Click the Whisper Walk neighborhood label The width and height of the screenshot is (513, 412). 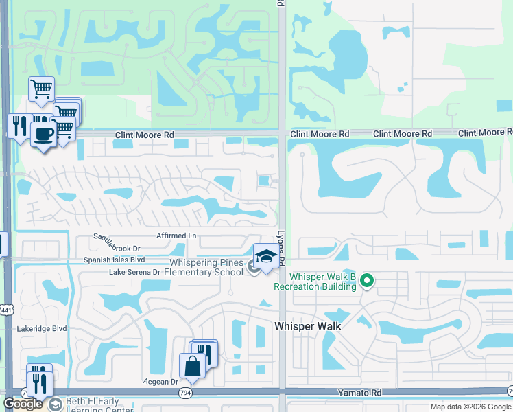(x=308, y=327)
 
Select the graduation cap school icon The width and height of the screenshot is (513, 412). (x=267, y=258)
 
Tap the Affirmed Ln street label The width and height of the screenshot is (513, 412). (x=176, y=236)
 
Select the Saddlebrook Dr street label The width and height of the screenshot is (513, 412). (x=117, y=248)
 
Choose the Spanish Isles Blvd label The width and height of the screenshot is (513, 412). (x=115, y=260)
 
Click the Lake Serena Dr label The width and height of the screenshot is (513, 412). (x=134, y=272)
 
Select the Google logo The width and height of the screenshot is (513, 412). (x=23, y=404)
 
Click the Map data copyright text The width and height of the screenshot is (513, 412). (x=470, y=407)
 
